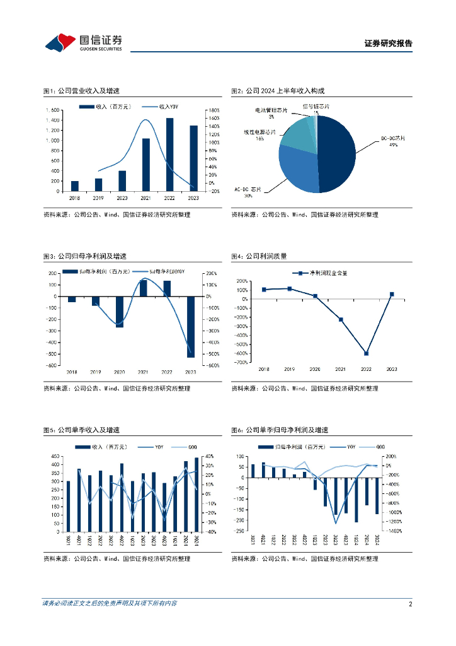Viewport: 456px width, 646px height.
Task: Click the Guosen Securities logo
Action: [83, 42]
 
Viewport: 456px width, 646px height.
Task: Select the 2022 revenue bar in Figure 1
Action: [169, 155]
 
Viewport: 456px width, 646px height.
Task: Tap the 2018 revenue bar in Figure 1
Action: [75, 186]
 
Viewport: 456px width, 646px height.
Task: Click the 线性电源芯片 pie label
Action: [259, 132]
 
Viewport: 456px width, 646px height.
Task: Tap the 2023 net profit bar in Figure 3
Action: [191, 327]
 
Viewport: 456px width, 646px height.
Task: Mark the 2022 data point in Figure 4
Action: [366, 353]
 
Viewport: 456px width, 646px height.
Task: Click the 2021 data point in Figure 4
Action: [341, 320]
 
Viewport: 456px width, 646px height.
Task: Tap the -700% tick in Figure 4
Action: [242, 362]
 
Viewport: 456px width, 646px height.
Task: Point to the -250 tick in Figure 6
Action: [239, 531]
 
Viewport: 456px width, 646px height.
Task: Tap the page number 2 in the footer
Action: [410, 604]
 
